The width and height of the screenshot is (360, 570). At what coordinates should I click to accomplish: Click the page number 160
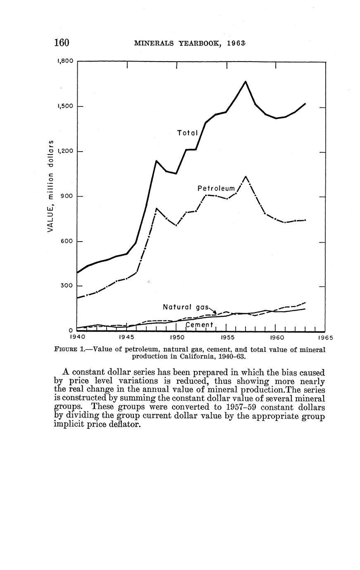(61, 43)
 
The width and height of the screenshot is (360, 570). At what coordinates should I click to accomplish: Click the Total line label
(188, 133)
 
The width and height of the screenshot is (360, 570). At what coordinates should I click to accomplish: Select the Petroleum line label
(216, 189)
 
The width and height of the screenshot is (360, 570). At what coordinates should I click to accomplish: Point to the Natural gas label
(186, 307)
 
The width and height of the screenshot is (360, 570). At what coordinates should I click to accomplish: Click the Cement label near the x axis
(199, 325)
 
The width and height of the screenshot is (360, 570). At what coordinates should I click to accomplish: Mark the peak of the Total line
(246, 82)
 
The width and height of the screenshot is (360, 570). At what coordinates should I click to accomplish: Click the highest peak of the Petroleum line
(246, 177)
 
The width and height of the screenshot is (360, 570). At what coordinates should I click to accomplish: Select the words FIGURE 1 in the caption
(68, 349)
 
